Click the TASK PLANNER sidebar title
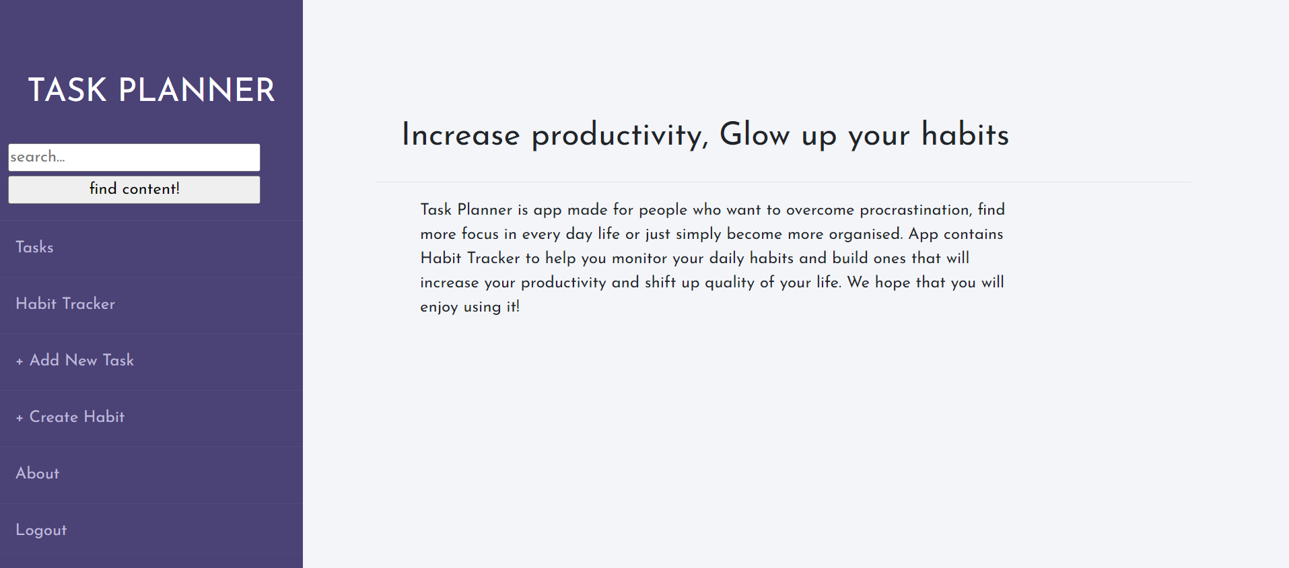click(151, 90)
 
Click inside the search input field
click(134, 157)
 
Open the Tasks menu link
click(34, 248)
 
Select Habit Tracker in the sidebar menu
click(65, 304)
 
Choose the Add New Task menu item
click(81, 361)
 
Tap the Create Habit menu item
click(77, 417)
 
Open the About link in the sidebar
click(38, 474)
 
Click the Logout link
click(41, 530)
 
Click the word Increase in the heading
click(461, 135)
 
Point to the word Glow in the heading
click(755, 135)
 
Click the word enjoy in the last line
click(439, 308)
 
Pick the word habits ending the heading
click(965, 135)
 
